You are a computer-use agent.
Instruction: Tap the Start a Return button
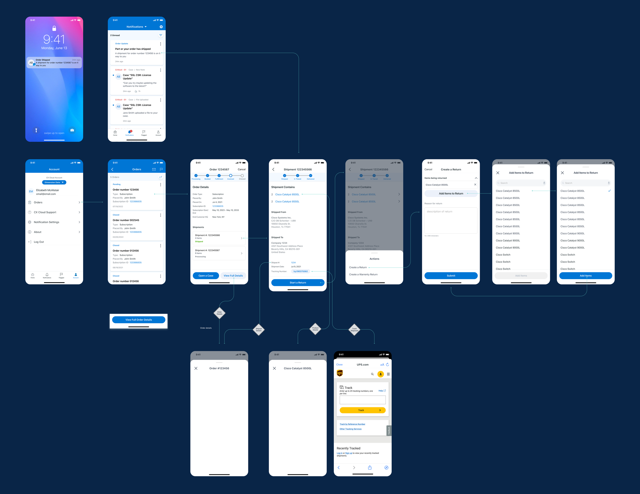[x=297, y=283]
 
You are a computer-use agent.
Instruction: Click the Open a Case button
[x=206, y=276]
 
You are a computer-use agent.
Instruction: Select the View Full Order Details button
[x=138, y=320]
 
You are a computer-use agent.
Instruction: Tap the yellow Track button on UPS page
[x=362, y=410]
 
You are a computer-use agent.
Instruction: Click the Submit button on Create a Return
[x=451, y=276]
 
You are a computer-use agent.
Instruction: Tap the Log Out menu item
[x=39, y=242]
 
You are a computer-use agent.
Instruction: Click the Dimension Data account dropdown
[x=54, y=182]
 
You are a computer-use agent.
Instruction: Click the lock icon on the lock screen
[x=54, y=28]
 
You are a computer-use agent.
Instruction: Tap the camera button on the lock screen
[x=72, y=130]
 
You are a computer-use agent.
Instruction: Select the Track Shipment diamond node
[x=354, y=330]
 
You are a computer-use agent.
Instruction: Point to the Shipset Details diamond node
[x=259, y=330]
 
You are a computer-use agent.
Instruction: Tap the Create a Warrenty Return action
[x=363, y=275]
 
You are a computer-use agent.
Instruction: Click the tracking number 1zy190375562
[x=300, y=271]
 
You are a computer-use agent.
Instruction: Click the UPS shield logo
[x=340, y=373]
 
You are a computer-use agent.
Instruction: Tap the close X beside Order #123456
[x=196, y=368]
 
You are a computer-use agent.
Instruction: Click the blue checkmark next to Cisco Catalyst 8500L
[x=609, y=191]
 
